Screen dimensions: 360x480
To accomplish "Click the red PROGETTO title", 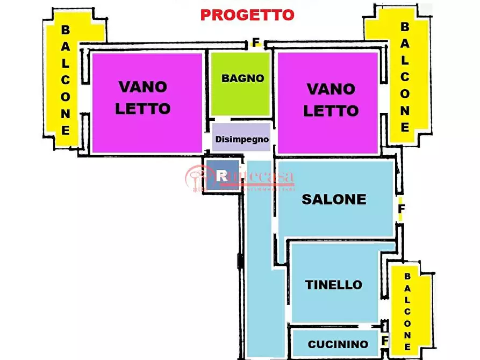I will (247, 15).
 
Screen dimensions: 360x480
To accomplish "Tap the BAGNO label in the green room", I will (243, 78).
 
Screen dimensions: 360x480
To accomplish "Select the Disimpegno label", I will (242, 139).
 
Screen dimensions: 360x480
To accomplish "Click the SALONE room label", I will (334, 199).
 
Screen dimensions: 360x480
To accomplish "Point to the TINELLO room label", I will (334, 285).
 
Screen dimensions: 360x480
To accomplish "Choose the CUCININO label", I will (338, 344).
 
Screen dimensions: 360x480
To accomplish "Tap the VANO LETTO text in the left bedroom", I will (143, 97).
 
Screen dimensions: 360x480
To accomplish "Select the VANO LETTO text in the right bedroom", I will (331, 99).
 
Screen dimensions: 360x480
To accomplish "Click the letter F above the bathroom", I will (256, 41).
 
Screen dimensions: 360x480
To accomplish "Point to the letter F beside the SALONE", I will (402, 207).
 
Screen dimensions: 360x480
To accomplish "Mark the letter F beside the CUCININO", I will (384, 341).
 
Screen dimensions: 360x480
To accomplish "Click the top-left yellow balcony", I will (65, 81).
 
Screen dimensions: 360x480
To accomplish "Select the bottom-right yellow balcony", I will (407, 312).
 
